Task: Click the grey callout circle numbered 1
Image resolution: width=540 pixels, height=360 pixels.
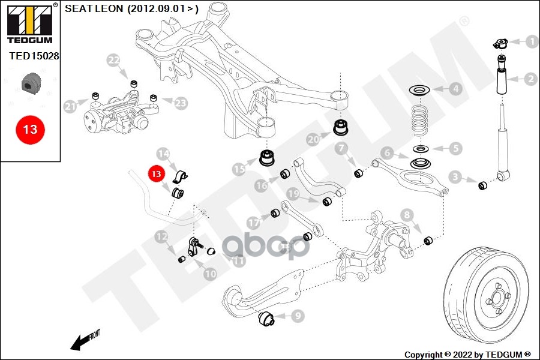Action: point(530,42)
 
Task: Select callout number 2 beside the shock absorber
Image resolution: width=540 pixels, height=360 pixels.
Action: point(530,79)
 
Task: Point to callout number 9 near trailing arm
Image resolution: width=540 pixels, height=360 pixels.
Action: point(298,314)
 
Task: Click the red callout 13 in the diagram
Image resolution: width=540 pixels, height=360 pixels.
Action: point(156,175)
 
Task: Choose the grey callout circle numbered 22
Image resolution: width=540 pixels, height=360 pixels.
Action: point(114,60)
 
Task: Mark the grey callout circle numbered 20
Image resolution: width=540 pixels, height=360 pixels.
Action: point(312,139)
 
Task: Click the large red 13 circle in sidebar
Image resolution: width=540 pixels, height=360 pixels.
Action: point(30,128)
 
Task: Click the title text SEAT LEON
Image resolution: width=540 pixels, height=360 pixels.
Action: point(95,8)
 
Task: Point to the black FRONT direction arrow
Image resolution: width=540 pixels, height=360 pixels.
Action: point(81,341)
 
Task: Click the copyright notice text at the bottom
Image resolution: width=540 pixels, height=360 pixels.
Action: point(467,354)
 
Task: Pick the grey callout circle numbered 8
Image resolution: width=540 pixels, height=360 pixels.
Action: point(407,215)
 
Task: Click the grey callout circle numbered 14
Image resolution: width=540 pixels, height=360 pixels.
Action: point(163,154)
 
